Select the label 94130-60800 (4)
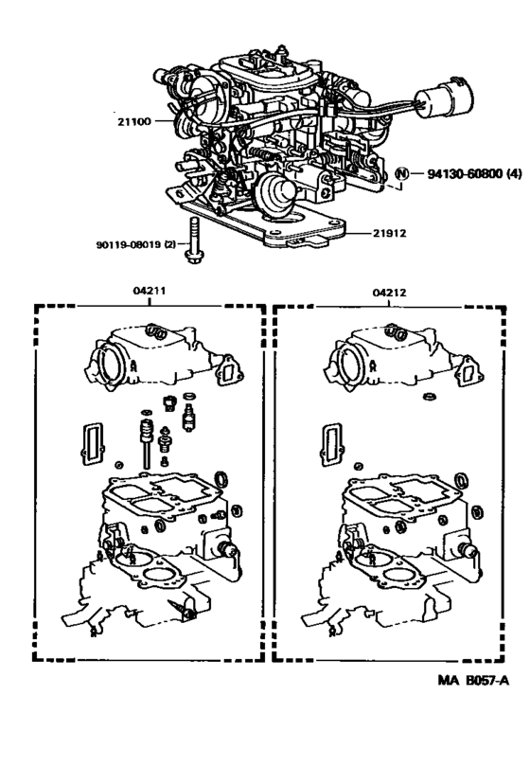pyautogui.click(x=468, y=173)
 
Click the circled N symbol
pyautogui.click(x=401, y=173)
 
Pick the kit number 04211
pyautogui.click(x=150, y=293)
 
